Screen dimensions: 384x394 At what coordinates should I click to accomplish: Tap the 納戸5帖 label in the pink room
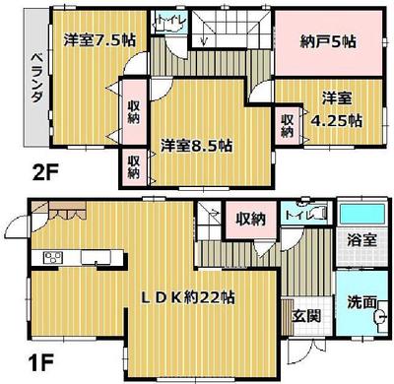tap(323, 41)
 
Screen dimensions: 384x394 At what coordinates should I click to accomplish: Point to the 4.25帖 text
tap(341, 122)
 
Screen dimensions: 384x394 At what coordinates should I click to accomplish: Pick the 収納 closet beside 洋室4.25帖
tap(288, 125)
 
